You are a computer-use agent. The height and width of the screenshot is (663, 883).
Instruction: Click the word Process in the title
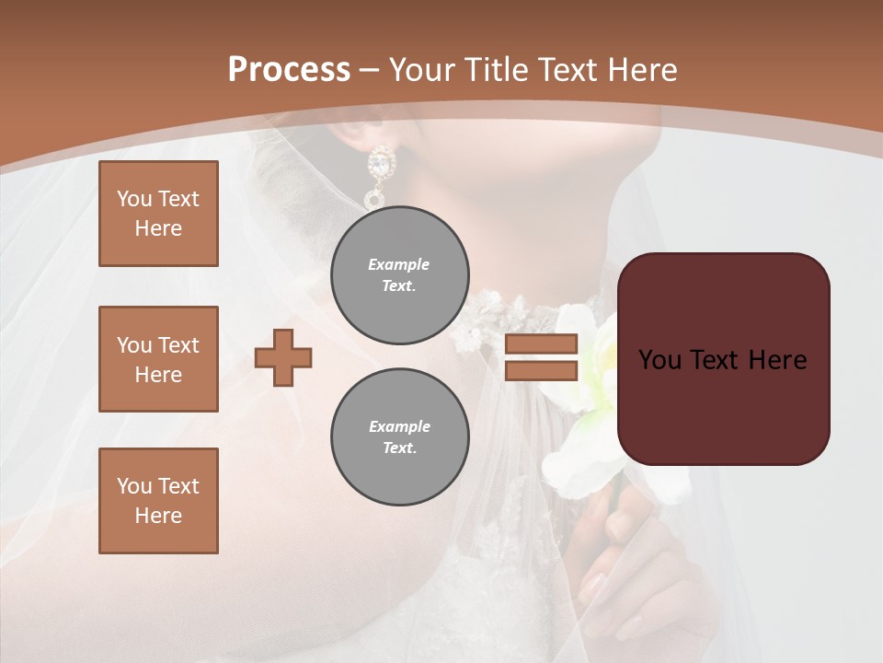(289, 70)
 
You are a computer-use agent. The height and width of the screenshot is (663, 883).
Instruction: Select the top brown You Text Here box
(158, 214)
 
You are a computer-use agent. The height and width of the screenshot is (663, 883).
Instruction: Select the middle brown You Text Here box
(158, 359)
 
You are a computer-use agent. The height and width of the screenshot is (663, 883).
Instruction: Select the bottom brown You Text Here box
(158, 501)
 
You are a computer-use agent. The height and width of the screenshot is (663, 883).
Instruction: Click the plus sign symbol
(283, 357)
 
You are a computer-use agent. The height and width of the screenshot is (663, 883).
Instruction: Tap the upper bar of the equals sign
(541, 344)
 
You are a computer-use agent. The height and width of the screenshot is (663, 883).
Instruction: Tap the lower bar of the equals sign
(541, 370)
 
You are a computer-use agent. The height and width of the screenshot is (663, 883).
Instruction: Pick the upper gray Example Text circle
(400, 275)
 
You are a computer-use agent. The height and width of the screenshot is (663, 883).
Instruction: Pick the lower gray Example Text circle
(400, 437)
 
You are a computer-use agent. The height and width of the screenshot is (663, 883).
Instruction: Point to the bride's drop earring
(378, 175)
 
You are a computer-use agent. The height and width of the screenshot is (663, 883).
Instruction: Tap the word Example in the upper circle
(399, 264)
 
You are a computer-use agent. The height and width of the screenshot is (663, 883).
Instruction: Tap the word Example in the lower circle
(399, 426)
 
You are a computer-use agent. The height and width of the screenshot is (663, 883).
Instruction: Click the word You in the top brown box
(134, 199)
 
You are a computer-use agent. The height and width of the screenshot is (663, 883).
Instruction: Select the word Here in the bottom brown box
(158, 516)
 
